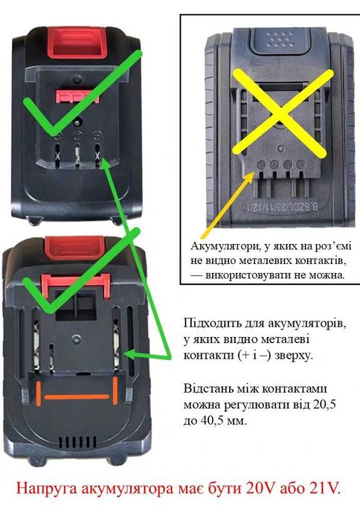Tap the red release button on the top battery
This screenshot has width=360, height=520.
76,43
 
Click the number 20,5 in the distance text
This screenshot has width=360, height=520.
324,407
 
